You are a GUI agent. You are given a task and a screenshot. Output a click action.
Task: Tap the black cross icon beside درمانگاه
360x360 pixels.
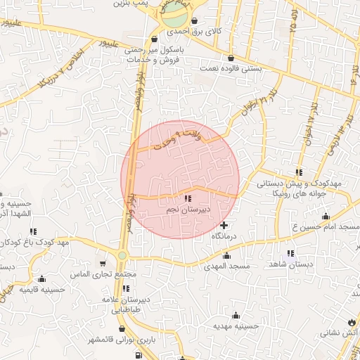click(x=224, y=226)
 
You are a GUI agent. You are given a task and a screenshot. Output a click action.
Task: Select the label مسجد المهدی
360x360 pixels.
click(x=222, y=267)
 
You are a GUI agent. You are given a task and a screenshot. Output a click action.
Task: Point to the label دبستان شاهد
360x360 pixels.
click(x=290, y=264)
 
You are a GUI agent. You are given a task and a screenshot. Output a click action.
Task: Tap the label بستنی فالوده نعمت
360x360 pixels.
click(x=233, y=69)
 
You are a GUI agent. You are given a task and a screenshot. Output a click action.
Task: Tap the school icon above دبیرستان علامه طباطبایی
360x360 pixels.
click(x=125, y=288)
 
